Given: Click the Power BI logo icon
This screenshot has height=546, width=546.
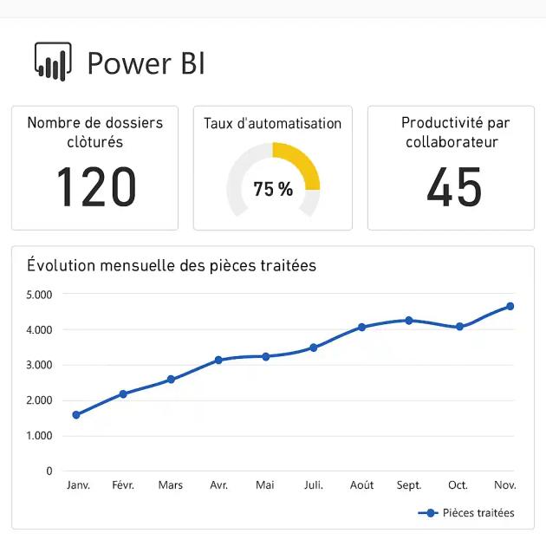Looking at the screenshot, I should (53, 62).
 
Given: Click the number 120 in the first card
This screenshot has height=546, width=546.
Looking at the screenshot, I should (96, 187).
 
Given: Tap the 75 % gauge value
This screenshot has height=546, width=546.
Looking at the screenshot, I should (273, 189).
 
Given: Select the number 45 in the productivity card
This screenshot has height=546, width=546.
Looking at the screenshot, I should (454, 187).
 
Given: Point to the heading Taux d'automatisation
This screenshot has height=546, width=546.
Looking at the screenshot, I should (273, 123).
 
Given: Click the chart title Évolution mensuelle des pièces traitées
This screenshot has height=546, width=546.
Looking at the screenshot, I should (172, 265).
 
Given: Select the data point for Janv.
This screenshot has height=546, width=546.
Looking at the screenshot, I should (76, 415).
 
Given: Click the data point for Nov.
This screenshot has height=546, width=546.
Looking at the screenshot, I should (510, 306).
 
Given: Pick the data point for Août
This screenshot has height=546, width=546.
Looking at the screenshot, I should (361, 328).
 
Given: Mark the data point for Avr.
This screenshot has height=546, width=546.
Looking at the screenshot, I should (218, 360).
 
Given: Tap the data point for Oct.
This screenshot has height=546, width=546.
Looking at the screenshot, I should (459, 327).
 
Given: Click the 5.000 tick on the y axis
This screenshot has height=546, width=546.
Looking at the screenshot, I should (39, 295).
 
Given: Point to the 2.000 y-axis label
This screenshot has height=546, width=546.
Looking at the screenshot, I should (39, 400).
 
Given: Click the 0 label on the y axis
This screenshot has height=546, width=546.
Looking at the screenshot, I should (49, 471).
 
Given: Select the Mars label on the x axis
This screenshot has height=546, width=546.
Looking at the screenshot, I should (171, 485).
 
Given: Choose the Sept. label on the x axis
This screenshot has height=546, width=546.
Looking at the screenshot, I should (409, 485).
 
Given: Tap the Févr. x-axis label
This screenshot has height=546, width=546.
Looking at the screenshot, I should (123, 485).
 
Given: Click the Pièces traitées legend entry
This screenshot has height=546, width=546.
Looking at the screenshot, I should (468, 513).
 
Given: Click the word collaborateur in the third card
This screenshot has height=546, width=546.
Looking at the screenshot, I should (452, 142).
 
